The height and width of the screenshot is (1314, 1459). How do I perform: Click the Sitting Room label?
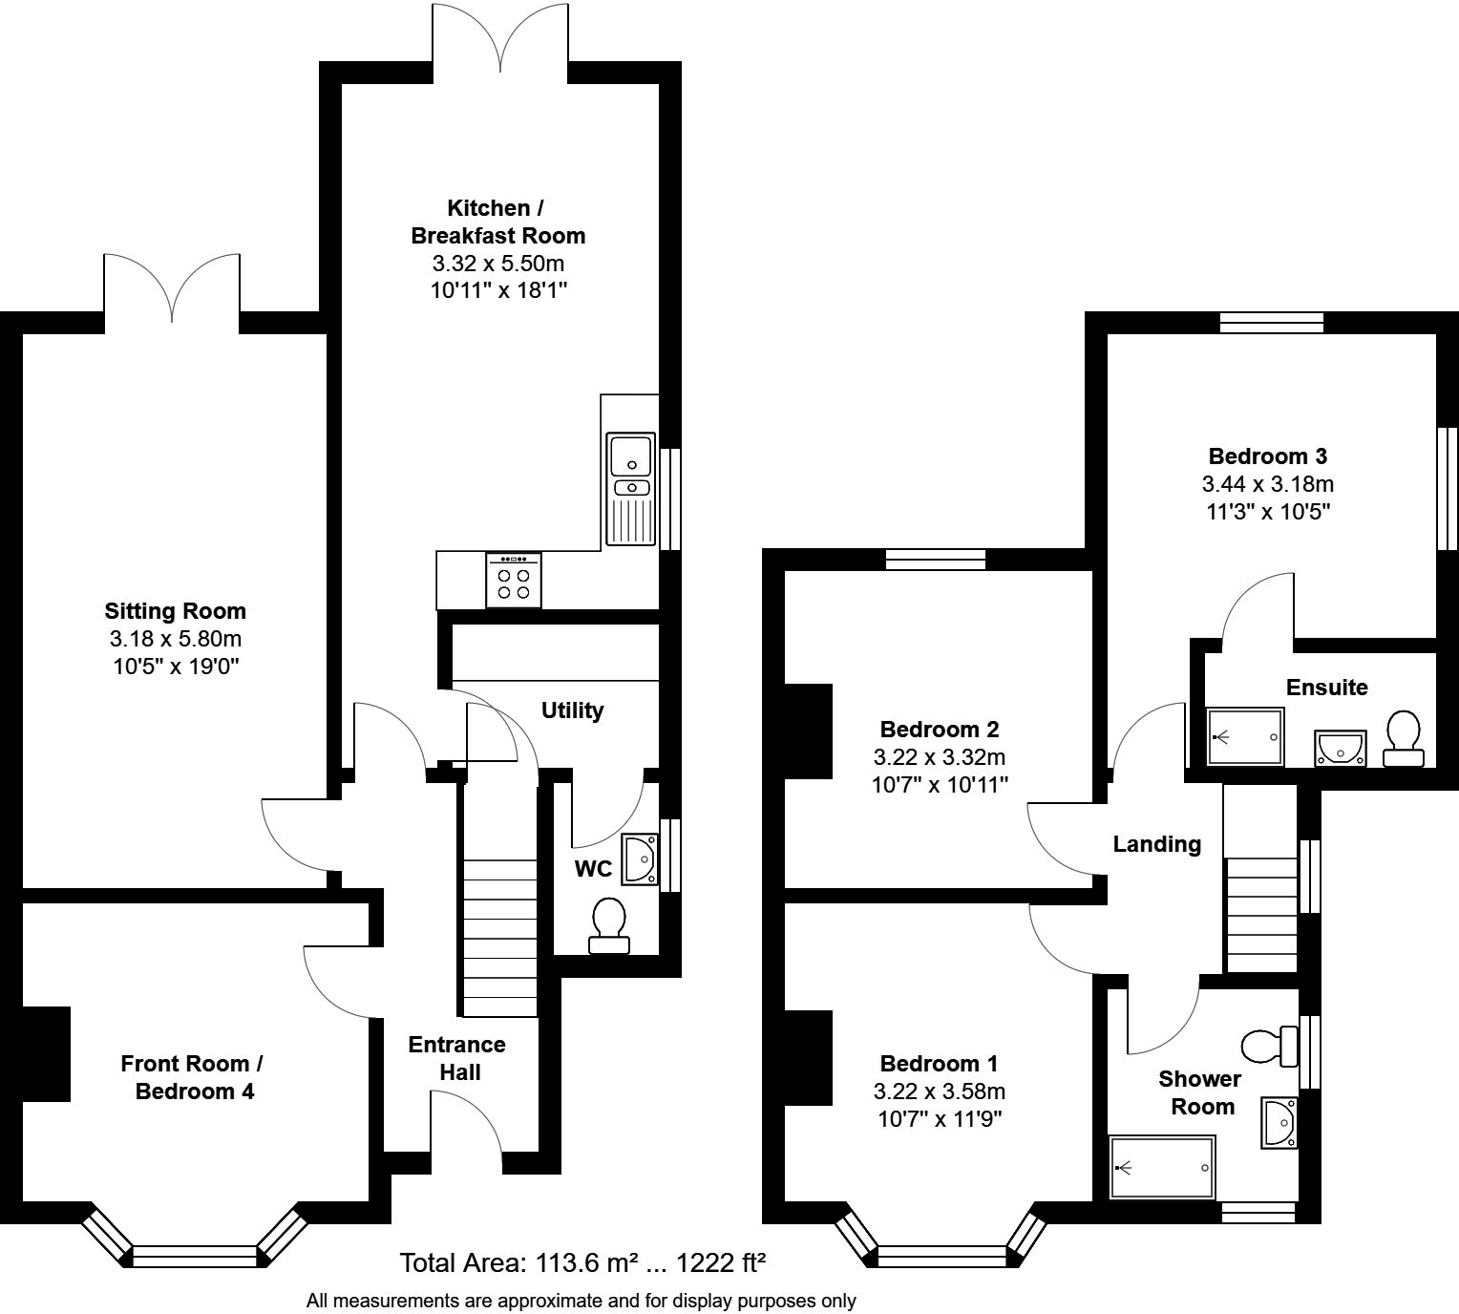tap(176, 611)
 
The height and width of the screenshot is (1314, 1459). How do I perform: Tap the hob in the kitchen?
tap(514, 581)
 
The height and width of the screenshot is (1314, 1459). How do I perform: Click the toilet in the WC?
tap(609, 925)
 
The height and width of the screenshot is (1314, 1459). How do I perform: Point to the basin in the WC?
tap(640, 860)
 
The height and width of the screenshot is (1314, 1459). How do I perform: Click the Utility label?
tap(572, 710)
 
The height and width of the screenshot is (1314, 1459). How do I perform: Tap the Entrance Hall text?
tap(457, 1059)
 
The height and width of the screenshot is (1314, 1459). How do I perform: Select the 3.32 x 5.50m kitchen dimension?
tap(498, 264)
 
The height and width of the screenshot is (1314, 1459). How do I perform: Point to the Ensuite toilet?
tap(1403, 738)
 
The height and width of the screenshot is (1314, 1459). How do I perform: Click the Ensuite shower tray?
tap(1245, 736)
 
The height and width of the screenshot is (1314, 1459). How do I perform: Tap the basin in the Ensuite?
tap(1341, 748)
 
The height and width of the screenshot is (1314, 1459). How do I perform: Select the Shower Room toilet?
tap(1270, 1047)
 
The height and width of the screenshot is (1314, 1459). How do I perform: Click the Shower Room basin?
tap(1279, 1123)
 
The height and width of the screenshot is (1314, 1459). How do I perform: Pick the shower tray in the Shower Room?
tap(1162, 1168)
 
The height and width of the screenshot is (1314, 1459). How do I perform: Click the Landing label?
tap(1157, 845)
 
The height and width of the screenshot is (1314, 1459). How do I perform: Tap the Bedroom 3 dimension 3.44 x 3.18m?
tap(1268, 484)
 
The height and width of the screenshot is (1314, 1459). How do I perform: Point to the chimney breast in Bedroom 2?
tap(808, 731)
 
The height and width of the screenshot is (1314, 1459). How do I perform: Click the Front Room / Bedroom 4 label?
tap(192, 1077)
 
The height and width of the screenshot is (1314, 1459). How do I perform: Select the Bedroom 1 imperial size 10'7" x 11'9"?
tap(940, 1118)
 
